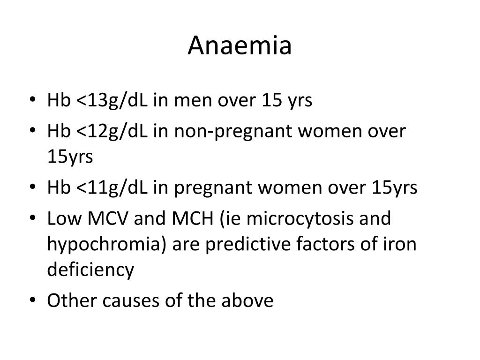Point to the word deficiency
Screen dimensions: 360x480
(90, 270)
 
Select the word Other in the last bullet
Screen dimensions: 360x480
(69, 300)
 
